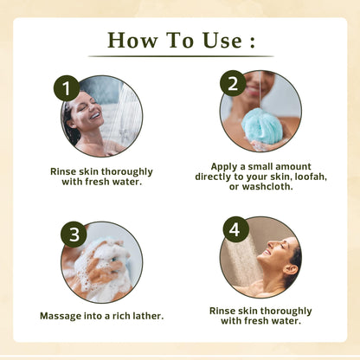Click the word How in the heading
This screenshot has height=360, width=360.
(x=132, y=40)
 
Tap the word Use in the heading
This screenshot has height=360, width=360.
(x=222, y=40)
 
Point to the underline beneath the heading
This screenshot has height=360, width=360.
(x=181, y=56)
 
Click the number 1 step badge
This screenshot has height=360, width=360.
(x=67, y=88)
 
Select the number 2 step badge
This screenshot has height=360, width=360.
(x=233, y=83)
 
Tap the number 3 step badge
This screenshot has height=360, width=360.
(x=74, y=235)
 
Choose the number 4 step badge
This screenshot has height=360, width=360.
(x=235, y=229)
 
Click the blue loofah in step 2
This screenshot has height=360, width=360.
(x=260, y=128)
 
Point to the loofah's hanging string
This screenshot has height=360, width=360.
(x=260, y=92)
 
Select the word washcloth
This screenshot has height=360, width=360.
(x=267, y=187)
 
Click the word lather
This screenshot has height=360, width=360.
(x=148, y=316)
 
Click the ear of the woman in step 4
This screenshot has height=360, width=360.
(x=290, y=269)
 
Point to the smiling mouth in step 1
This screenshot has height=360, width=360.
(x=95, y=116)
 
